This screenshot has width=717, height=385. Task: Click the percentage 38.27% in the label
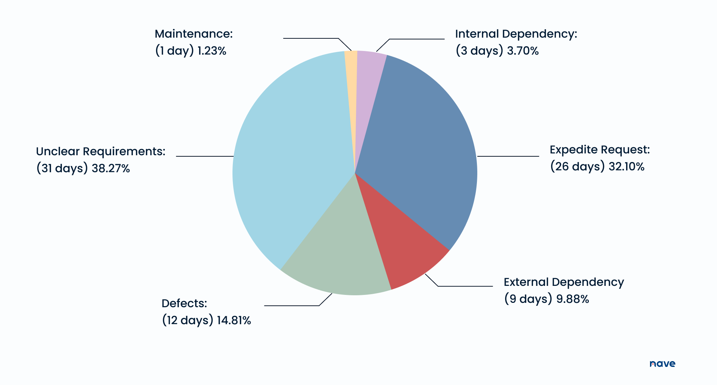pos(110,168)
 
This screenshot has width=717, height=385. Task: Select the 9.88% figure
pos(573,299)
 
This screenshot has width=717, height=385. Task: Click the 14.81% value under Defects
pos(234,320)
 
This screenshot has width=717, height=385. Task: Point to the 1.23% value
pos(211,51)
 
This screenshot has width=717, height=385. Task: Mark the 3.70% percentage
pos(523,51)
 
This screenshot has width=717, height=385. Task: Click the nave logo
pos(662,364)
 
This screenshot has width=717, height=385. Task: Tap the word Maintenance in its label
pos(193,34)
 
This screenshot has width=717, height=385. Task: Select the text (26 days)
pos(577,166)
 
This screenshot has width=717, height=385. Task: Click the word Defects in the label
pos(184,303)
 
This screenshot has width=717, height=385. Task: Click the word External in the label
pos(526,282)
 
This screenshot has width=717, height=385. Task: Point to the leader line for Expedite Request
pos(508,156)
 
